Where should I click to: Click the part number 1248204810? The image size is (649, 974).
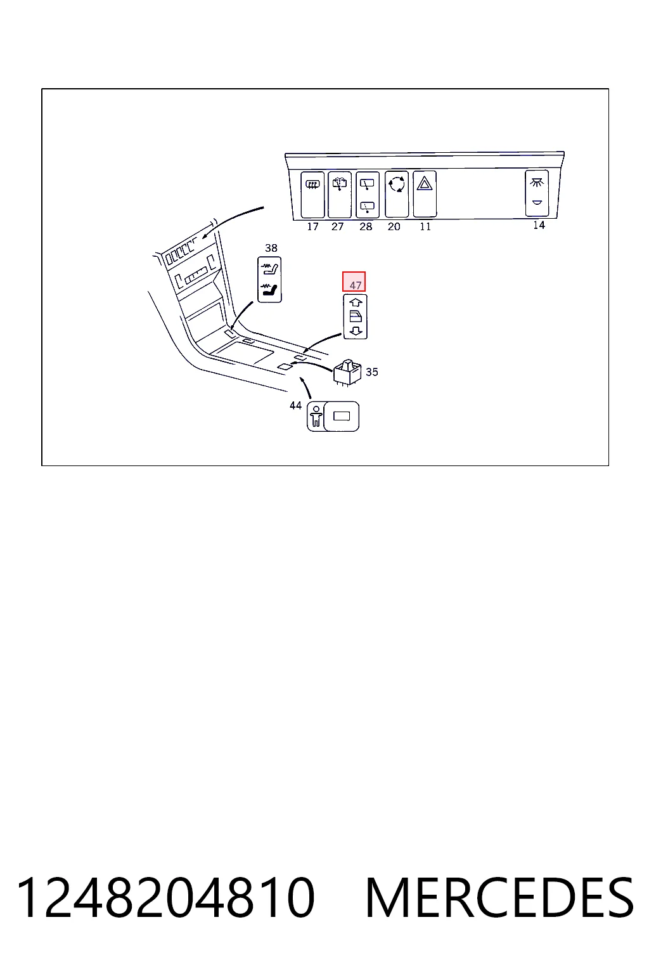pos(165,897)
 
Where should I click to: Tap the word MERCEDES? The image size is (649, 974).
pos(499,897)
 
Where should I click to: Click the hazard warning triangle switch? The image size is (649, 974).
pos(425,194)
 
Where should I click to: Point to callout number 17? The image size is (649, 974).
pos(312,226)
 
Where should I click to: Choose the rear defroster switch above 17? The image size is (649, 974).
pos(312,195)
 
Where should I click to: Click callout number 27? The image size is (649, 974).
pos(337,226)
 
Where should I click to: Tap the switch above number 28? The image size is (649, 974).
pos(368,195)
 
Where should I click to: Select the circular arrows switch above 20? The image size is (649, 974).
pos(397,194)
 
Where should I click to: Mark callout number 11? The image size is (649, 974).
pos(425,226)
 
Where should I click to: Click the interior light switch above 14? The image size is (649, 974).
pos(537,193)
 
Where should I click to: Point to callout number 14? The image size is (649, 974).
pos(539,225)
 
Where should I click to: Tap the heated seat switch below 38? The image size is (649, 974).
pos(269,280)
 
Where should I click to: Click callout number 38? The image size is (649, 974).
pos(271,248)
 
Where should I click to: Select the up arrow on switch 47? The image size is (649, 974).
pos(356,302)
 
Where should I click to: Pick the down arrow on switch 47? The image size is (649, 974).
pos(356,332)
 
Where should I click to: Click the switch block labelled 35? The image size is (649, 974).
pos(347,372)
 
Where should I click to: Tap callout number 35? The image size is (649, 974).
pos(371,372)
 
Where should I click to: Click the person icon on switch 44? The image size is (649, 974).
pos(316,417)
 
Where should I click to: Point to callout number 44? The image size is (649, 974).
pos(295,406)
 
